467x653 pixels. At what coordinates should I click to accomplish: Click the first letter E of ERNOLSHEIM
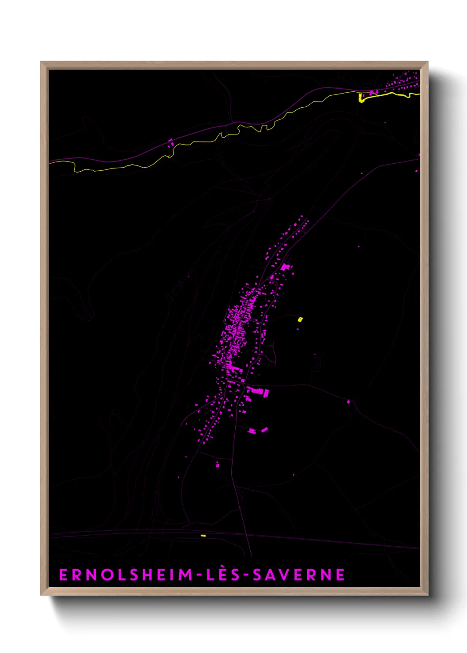63,575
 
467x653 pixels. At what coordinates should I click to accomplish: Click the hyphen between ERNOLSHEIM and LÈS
199,575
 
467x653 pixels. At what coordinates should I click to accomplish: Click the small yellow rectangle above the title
203,536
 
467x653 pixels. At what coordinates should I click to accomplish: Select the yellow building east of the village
300,319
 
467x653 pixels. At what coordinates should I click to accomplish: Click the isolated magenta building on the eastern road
348,402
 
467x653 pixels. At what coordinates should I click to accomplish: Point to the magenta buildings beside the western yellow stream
170,143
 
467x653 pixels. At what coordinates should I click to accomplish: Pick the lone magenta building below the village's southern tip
217,465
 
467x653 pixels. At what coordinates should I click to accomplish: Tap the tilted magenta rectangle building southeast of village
264,429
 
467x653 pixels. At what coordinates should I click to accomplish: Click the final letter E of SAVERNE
340,575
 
